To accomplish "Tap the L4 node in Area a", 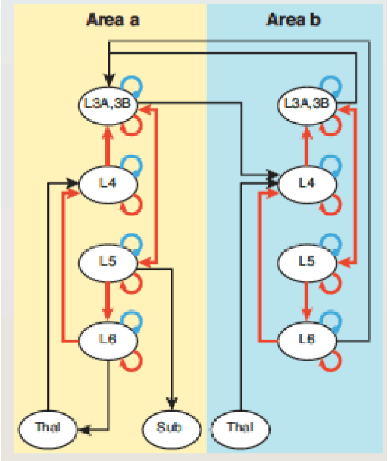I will pos(108,183).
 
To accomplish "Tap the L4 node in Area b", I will pos(306,183).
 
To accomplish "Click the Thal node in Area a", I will pos(47,428).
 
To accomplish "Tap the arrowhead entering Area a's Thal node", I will pos(80,428).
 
